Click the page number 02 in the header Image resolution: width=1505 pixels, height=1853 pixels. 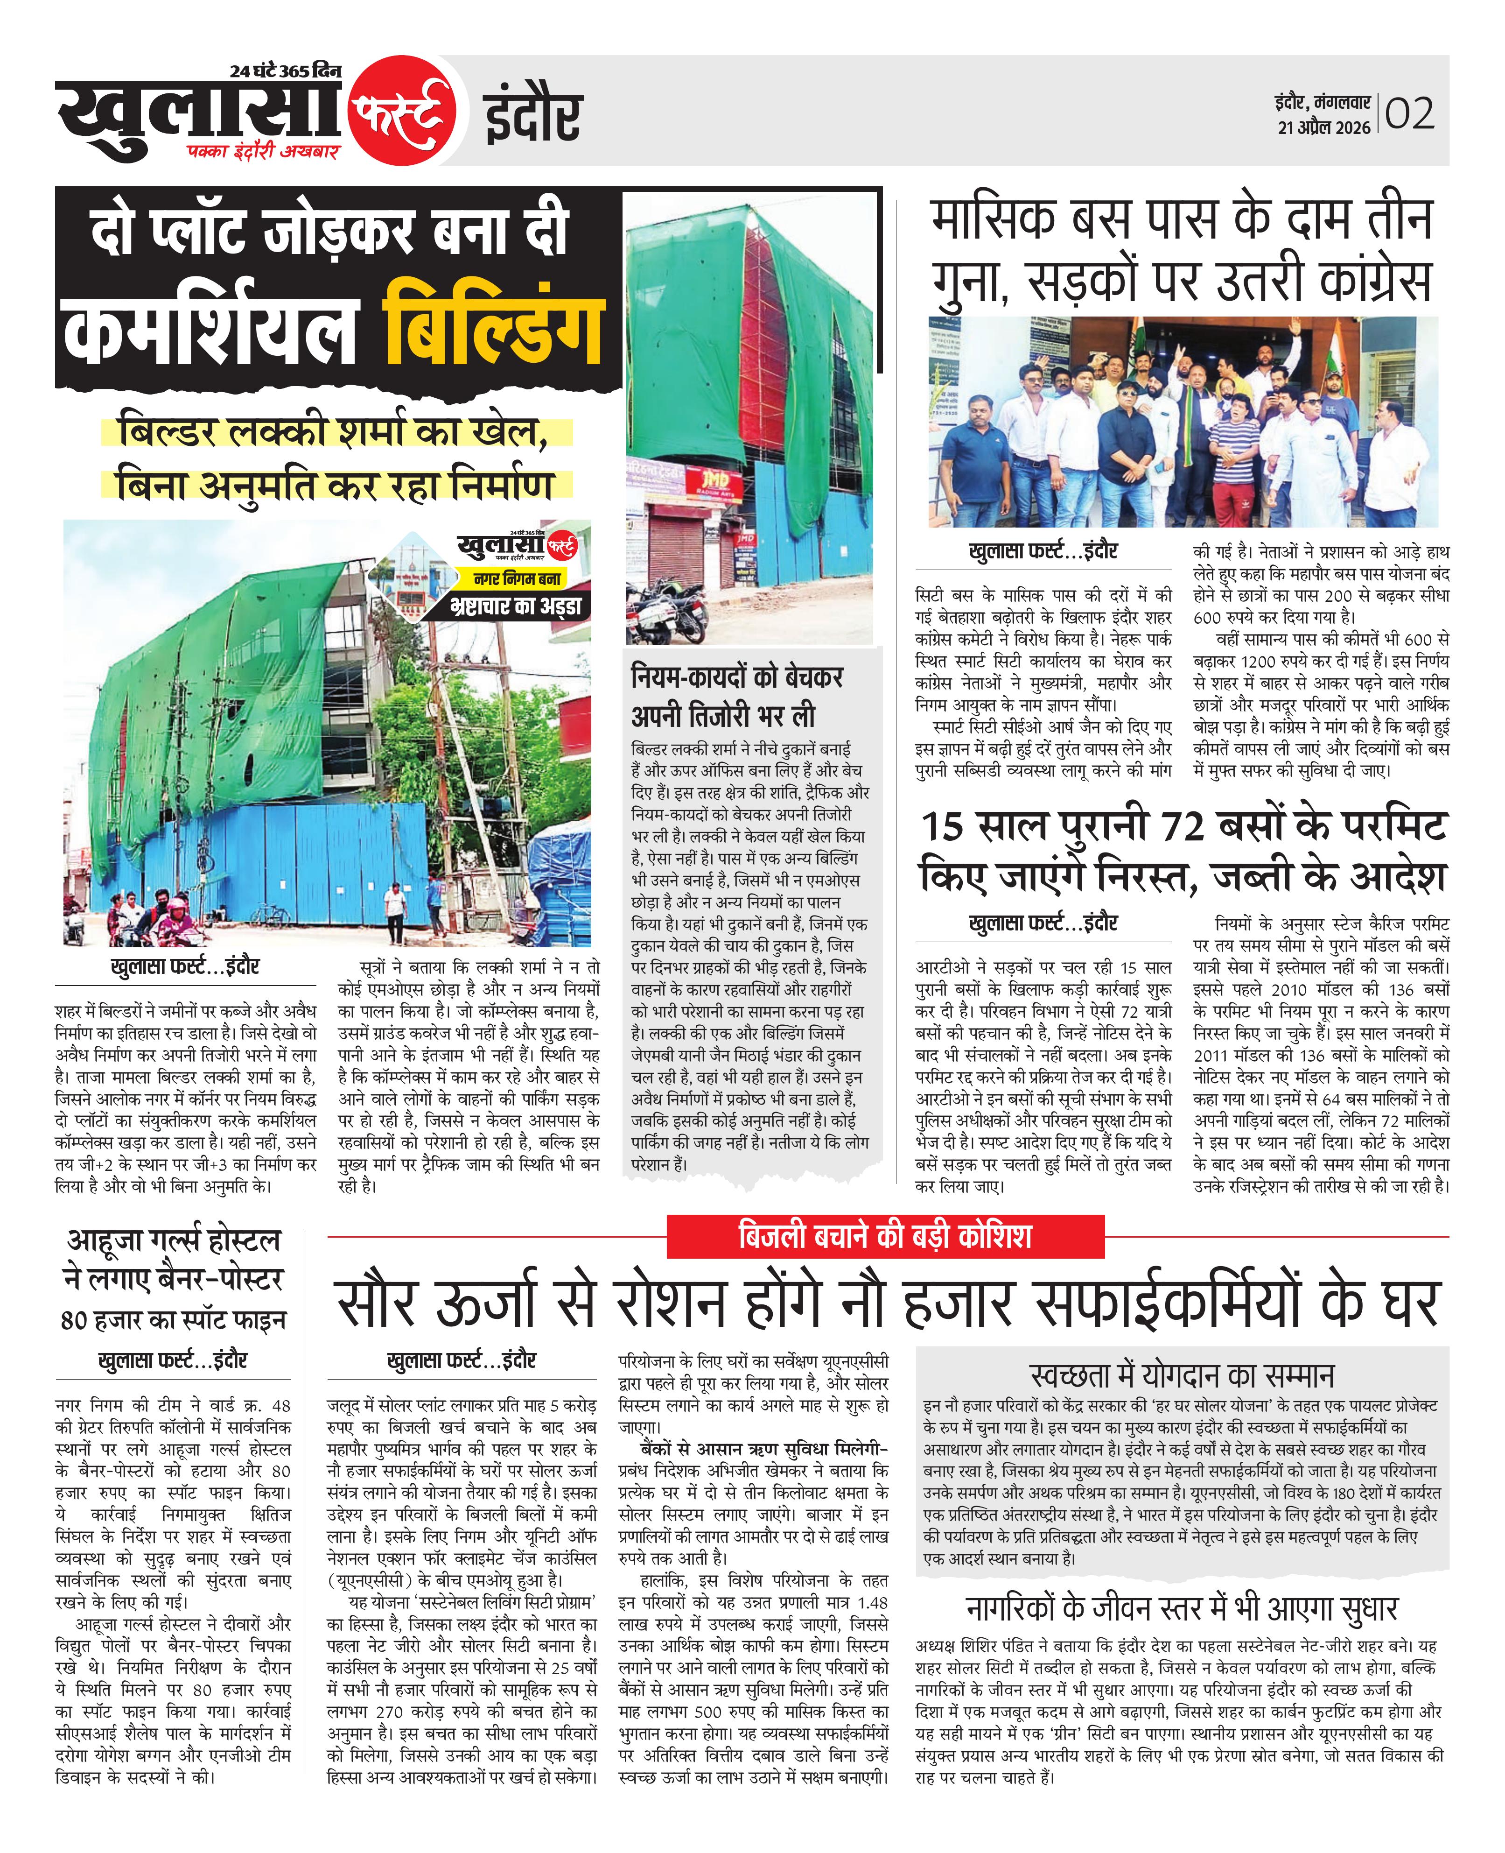tap(1410, 113)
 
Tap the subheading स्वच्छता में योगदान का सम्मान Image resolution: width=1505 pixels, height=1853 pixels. tap(1182, 1376)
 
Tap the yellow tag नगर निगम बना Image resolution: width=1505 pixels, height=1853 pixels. tap(518, 578)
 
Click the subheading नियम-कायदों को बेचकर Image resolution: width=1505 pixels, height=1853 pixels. tap(737, 677)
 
